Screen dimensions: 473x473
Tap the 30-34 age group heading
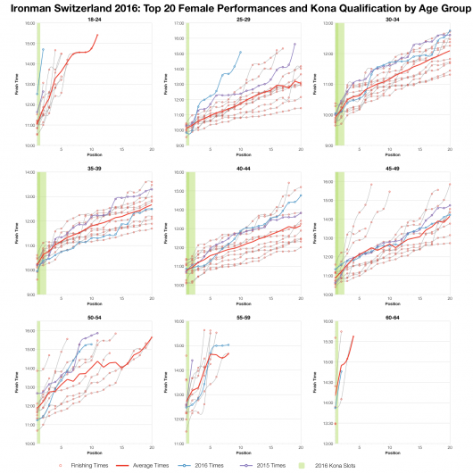coord(394,18)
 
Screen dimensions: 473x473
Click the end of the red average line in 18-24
coord(97,35)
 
